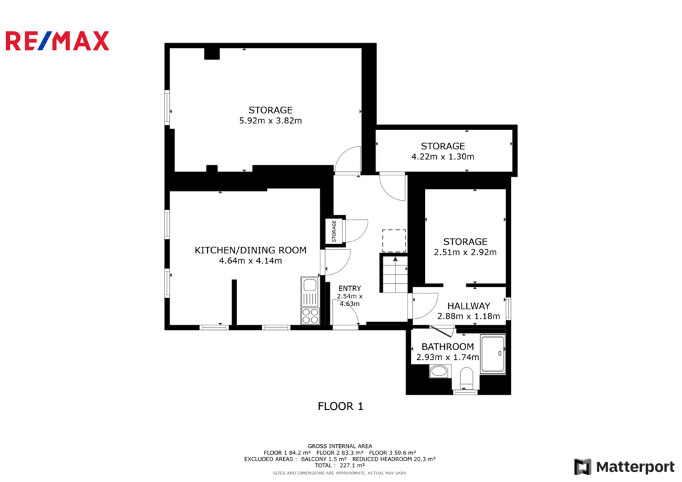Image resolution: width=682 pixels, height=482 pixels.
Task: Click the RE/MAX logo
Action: (x=57, y=41)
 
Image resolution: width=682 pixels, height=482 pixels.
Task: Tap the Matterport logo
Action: (x=624, y=467)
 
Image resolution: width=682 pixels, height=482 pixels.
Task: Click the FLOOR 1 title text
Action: (x=340, y=406)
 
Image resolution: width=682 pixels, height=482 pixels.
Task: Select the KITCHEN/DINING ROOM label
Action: (x=250, y=251)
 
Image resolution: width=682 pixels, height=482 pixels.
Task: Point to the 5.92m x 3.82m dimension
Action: (x=270, y=121)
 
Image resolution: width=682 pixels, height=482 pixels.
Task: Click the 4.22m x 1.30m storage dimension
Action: (x=443, y=157)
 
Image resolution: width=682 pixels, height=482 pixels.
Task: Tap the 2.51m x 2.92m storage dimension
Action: (x=465, y=252)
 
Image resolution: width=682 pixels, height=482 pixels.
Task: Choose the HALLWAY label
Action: (x=468, y=306)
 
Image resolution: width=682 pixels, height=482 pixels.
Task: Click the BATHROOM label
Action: (x=448, y=347)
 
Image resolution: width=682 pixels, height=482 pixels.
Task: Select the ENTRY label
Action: (x=350, y=288)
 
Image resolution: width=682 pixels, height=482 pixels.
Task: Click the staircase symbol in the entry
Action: (x=395, y=274)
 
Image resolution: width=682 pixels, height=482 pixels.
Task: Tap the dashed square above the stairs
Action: (x=394, y=241)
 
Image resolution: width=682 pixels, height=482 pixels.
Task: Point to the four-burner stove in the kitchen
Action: (x=310, y=316)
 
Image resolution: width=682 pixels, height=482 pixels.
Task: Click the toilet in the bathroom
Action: (x=466, y=377)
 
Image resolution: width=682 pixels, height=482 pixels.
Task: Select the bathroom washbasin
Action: (x=440, y=371)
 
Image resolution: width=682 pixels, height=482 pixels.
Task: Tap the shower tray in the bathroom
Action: (x=493, y=353)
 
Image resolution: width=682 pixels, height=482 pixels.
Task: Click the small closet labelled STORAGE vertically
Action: (x=335, y=230)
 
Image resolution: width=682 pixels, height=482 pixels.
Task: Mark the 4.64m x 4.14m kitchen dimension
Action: (x=250, y=261)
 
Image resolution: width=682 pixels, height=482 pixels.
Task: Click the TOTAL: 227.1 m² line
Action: (x=340, y=465)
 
